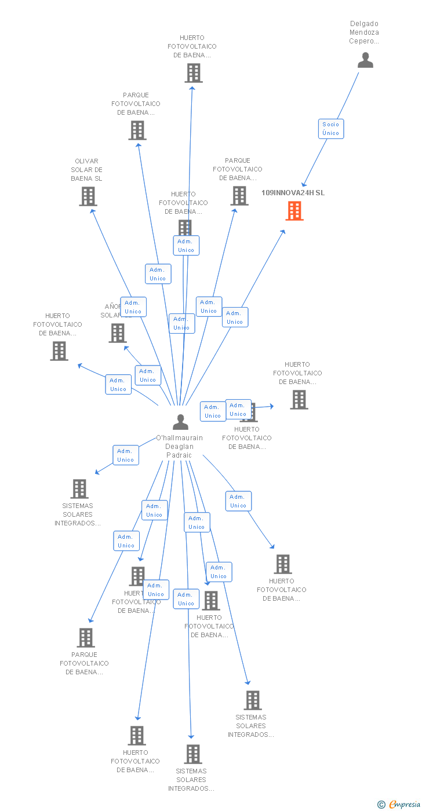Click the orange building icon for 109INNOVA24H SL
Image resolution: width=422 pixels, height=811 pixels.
pos(294,211)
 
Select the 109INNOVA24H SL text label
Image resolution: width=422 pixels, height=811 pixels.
pos(293,193)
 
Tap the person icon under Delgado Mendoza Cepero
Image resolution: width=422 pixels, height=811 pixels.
pos(365,60)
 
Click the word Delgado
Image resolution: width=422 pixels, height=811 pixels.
pos(365,24)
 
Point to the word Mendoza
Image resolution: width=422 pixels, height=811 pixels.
pos(364,32)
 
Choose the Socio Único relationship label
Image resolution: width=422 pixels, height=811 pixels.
pos(331,129)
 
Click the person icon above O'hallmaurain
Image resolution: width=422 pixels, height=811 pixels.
pos(180,422)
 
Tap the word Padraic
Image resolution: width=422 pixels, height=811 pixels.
pos(179,455)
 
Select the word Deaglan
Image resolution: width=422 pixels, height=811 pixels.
pos(179,447)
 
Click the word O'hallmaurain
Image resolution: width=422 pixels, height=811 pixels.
pos(179,438)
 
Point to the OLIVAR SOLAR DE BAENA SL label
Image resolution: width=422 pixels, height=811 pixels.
pos(86,170)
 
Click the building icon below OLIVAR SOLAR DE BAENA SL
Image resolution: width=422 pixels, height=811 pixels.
pos(88,196)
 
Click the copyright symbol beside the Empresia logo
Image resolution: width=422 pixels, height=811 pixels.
pos(381,805)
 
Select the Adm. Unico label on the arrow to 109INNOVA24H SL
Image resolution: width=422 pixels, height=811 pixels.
pos(235,317)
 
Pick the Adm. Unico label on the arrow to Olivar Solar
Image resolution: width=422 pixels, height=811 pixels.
pos(133,307)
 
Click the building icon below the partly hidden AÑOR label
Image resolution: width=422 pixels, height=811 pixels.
pos(118,333)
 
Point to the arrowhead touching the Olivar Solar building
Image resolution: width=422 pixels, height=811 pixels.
pos(92,211)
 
